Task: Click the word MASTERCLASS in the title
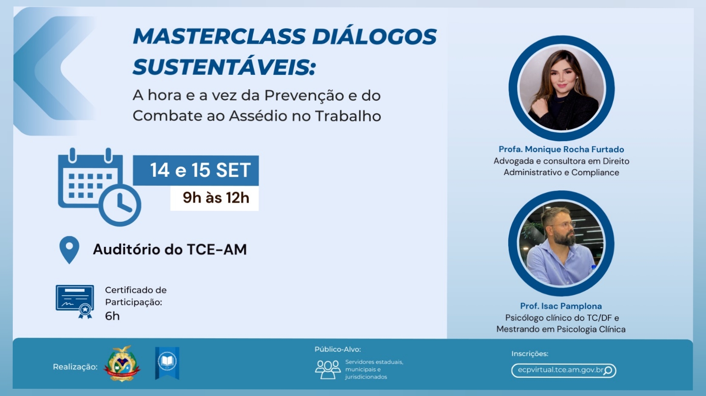(x=219, y=37)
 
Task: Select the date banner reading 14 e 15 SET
(x=196, y=170)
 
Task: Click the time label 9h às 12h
(x=216, y=198)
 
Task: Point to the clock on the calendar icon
(x=120, y=205)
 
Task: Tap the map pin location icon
(x=69, y=250)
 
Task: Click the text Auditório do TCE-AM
(x=170, y=249)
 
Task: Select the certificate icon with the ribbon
(x=75, y=302)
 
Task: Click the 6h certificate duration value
(x=112, y=316)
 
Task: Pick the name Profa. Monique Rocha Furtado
(x=561, y=149)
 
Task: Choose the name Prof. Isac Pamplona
(x=561, y=306)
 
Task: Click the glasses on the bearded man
(x=566, y=225)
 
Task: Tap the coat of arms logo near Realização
(x=122, y=364)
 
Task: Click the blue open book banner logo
(x=167, y=363)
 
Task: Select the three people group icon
(x=328, y=369)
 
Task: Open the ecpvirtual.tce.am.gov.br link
(x=561, y=370)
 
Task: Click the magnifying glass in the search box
(x=608, y=371)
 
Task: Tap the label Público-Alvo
(x=338, y=349)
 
